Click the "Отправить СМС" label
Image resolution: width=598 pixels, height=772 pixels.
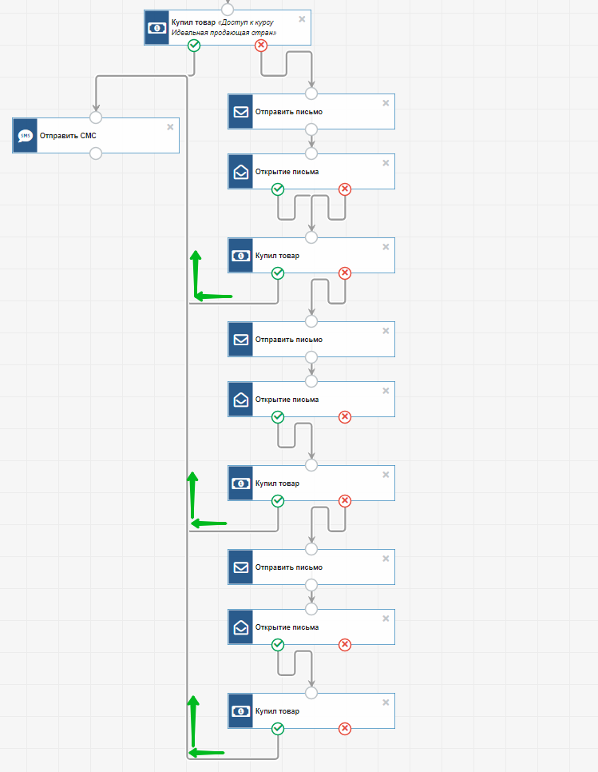pos(68,136)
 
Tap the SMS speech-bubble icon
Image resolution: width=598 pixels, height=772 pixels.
pos(25,136)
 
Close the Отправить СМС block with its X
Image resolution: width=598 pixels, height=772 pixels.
pos(170,127)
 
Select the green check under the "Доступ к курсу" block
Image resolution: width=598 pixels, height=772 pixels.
pos(194,46)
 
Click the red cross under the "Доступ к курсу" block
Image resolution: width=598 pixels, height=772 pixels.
pos(261,46)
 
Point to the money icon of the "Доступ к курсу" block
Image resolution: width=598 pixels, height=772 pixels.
pos(157,28)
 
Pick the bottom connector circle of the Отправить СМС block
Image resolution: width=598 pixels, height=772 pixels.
pos(96,153)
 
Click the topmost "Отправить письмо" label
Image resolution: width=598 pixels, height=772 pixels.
pos(289,112)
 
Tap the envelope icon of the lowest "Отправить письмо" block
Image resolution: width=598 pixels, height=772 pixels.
pos(240,567)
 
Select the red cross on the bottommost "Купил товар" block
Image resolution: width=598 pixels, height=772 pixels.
pos(345,729)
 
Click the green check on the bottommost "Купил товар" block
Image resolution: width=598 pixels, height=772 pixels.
pos(278,729)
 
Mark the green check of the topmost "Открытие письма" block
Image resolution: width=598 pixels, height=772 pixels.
pos(278,189)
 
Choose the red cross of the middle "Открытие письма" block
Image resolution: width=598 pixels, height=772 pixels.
pos(345,417)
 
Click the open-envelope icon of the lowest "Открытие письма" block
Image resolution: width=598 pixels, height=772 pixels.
pos(240,627)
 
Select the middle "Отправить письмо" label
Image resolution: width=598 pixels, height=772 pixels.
pos(289,340)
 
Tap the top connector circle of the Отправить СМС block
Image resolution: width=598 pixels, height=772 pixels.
pos(96,117)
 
